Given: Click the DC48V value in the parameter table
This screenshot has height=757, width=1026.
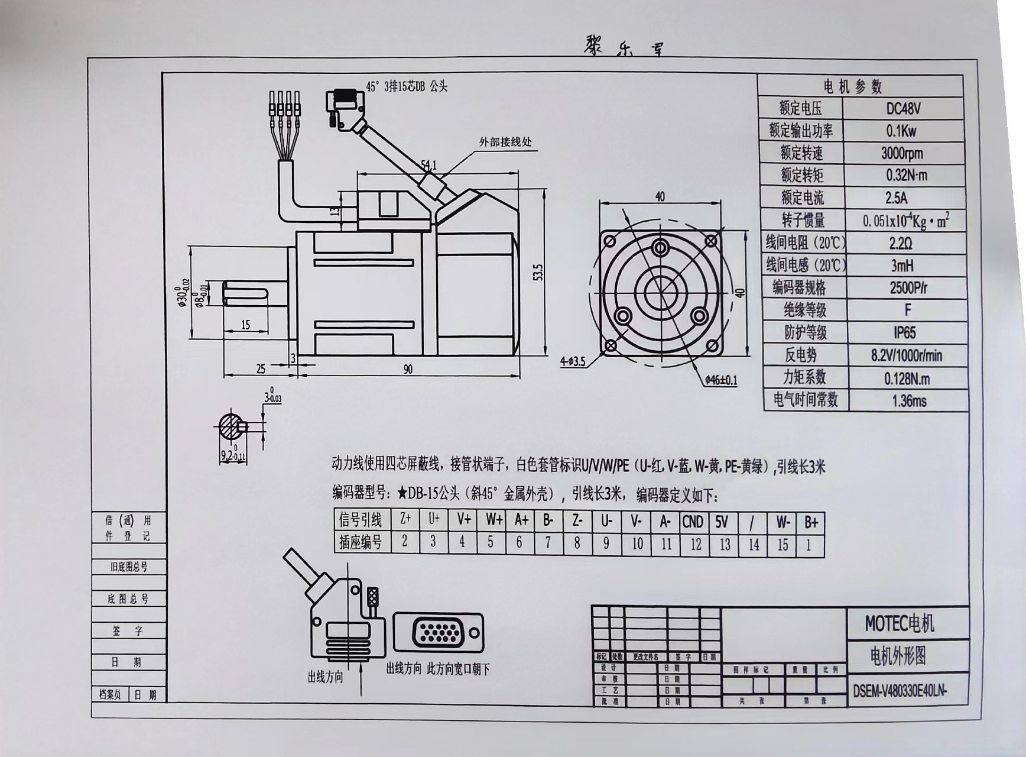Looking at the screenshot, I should pyautogui.click(x=902, y=109).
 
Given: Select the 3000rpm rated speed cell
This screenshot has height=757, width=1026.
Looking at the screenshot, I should pyautogui.click(x=901, y=154).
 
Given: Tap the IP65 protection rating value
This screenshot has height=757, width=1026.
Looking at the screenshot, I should pyautogui.click(x=904, y=332).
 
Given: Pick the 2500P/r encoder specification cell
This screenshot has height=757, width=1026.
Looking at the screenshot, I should pyautogui.click(x=908, y=288).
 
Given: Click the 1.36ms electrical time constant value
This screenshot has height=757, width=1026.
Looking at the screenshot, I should pyautogui.click(x=909, y=401).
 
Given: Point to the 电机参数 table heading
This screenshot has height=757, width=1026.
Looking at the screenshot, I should pyautogui.click(x=853, y=87).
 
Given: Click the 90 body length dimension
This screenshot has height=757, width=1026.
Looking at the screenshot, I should pyautogui.click(x=408, y=370).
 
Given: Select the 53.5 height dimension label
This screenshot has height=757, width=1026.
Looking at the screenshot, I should pyautogui.click(x=537, y=272).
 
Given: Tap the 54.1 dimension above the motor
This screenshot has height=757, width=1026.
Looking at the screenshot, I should pyautogui.click(x=428, y=165).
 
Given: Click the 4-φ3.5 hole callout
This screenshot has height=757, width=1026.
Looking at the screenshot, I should pyautogui.click(x=573, y=361).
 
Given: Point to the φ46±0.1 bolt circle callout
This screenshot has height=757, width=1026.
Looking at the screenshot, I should pyautogui.click(x=721, y=380).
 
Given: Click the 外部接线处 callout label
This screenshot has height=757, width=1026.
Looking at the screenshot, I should pyautogui.click(x=505, y=142).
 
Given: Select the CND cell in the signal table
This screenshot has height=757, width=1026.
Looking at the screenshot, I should pyautogui.click(x=693, y=521).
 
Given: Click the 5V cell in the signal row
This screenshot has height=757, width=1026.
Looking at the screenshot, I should pyautogui.click(x=722, y=521).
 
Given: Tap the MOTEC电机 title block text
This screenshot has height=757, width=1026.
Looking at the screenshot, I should pyautogui.click(x=900, y=623).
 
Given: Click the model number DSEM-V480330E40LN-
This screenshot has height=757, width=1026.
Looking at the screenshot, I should pyautogui.click(x=900, y=691).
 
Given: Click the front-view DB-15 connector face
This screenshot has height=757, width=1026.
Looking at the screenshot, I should pyautogui.click(x=438, y=633).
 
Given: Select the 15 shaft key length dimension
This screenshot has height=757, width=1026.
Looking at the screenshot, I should pyautogui.click(x=245, y=325).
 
